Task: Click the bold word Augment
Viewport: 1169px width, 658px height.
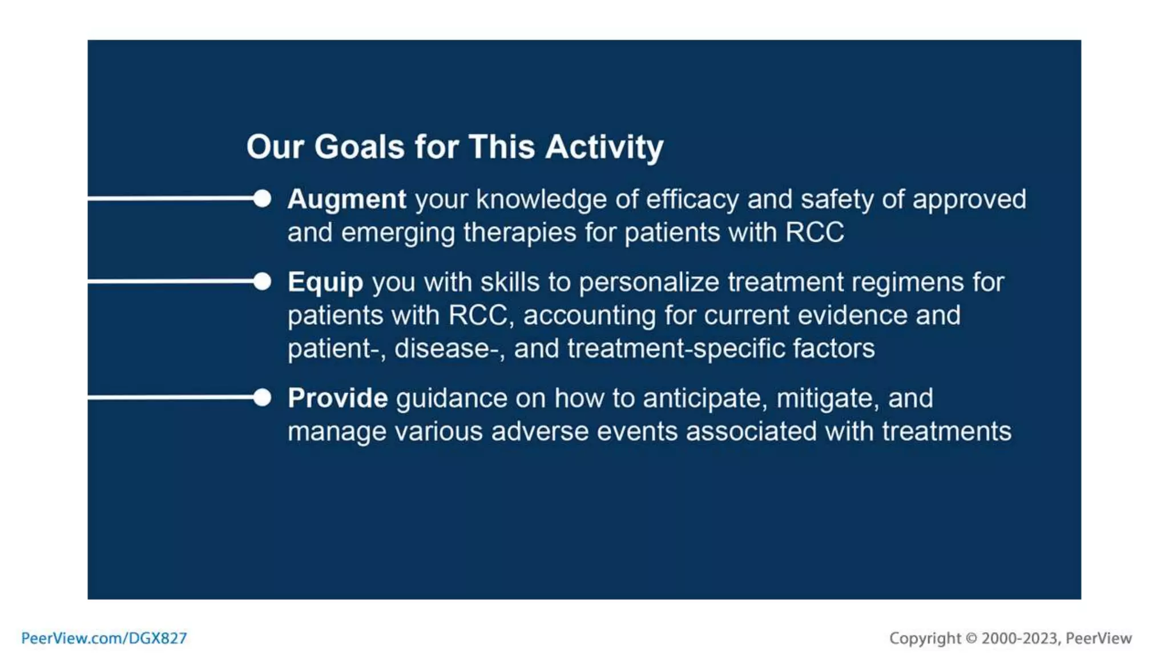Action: coord(346,200)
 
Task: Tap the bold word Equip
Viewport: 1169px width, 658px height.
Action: coord(325,283)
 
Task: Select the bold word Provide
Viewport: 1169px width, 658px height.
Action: coord(337,398)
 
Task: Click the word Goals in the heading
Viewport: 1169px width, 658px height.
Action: coord(359,147)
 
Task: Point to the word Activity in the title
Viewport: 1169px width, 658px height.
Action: coord(604,147)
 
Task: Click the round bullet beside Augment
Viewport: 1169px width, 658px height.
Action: coord(262,199)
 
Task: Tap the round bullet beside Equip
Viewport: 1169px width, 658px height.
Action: coord(262,281)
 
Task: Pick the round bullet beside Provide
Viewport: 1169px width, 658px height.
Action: coord(262,398)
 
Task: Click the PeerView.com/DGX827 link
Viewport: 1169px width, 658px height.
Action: coord(104,638)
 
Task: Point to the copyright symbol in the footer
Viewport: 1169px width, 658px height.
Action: coord(971,638)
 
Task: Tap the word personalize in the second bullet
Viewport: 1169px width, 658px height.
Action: coord(648,283)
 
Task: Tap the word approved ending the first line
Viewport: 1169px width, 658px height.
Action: coord(969,200)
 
